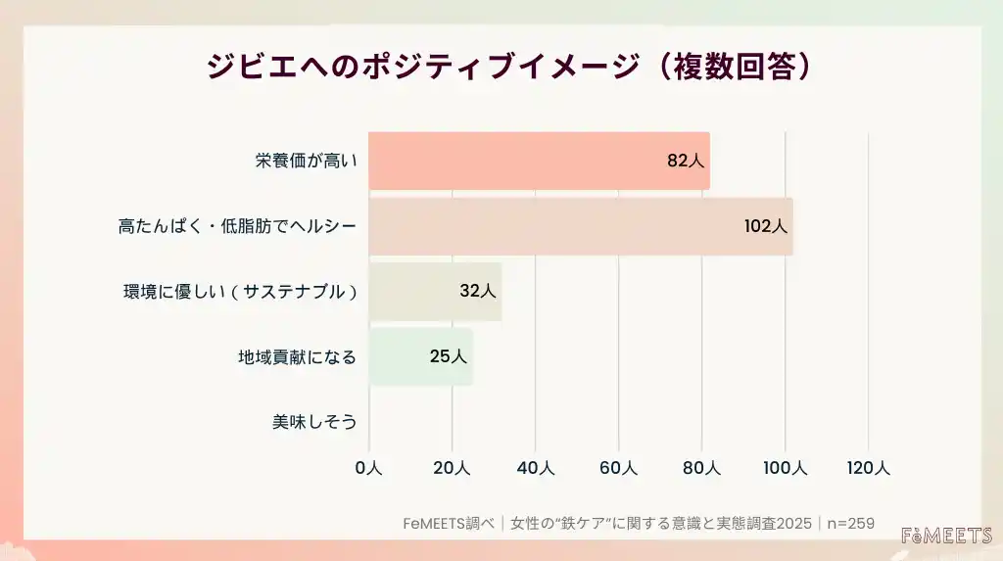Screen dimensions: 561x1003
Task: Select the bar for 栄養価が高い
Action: coord(539,162)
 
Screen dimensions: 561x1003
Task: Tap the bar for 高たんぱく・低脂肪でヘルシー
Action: coord(580,226)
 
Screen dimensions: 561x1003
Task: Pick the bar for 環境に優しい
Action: coord(435,291)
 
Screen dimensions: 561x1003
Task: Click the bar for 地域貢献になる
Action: coord(420,356)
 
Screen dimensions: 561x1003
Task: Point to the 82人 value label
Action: coord(686,162)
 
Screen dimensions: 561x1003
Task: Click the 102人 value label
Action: coord(765,226)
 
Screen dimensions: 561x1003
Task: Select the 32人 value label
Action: coord(478,291)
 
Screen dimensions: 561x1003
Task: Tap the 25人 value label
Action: coord(449,356)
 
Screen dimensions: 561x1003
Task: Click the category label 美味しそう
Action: coord(314,422)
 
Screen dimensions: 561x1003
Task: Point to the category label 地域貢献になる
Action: coord(298,356)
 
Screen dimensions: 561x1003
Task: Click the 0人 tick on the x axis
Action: coord(368,469)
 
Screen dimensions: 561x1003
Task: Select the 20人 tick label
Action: coord(452,469)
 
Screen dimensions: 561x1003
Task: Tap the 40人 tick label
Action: coord(535,469)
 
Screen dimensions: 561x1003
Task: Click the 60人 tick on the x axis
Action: coord(618,469)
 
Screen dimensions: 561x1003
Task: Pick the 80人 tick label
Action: coord(701,469)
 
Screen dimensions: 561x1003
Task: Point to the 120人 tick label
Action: coord(868,469)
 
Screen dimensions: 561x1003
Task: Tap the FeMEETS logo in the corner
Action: coord(946,536)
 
